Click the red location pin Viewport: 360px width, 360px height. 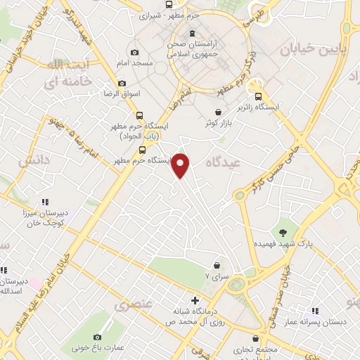[x=181, y=165]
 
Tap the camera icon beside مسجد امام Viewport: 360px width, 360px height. [x=135, y=53]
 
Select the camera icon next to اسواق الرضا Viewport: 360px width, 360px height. [x=121, y=83]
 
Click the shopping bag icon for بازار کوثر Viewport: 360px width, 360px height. [x=219, y=112]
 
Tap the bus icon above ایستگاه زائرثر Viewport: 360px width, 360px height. [x=258, y=96]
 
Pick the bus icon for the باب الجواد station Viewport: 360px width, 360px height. [x=139, y=115]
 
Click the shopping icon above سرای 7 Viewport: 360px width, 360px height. [x=217, y=265]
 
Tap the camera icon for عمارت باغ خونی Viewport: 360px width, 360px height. [x=98, y=337]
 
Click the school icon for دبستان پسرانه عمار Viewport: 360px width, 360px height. [x=315, y=310]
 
